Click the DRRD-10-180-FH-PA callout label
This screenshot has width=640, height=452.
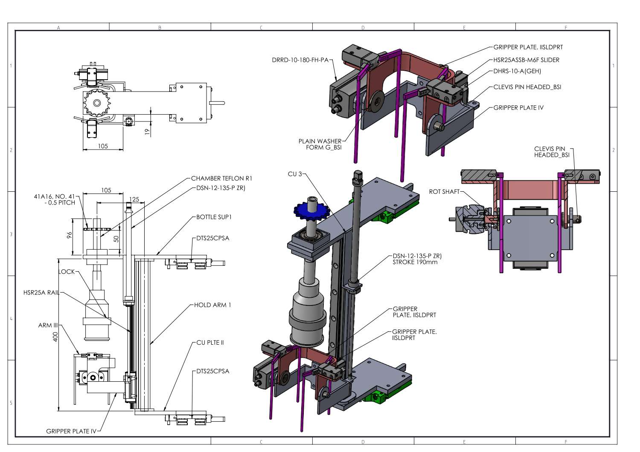coord(300,60)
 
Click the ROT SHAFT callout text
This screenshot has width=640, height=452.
coord(444,192)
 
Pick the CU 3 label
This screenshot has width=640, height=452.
coord(294,174)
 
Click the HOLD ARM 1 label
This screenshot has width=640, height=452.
coord(212,305)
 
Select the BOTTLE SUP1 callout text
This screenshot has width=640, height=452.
coord(214,217)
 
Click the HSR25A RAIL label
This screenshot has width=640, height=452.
coord(41,293)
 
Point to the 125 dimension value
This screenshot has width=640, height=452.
coord(134,199)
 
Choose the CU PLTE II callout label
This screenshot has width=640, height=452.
coord(210,343)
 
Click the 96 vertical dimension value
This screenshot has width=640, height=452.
coord(70,236)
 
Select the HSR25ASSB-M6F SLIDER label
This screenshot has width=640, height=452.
coord(526,60)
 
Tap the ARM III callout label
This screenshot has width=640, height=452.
coord(48,325)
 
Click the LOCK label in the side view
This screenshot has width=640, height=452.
coord(66,271)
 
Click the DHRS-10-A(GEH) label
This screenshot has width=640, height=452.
coord(517,71)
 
